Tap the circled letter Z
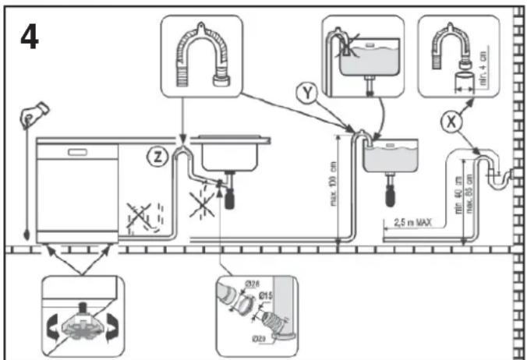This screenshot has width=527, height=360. (159, 155)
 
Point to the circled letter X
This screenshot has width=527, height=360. (449, 120)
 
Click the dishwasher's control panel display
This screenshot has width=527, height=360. (78, 150)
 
